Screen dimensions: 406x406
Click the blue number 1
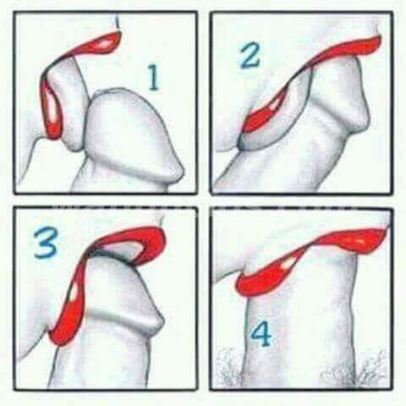[154, 78]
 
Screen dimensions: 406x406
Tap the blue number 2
[249, 56]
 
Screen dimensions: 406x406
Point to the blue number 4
[261, 335]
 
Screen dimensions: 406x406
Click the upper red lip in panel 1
[96, 45]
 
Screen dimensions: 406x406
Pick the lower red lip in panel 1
[52, 108]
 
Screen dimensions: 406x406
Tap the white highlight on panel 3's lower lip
[75, 291]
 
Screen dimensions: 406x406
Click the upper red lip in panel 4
[353, 239]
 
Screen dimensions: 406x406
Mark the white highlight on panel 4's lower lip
[288, 264]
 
